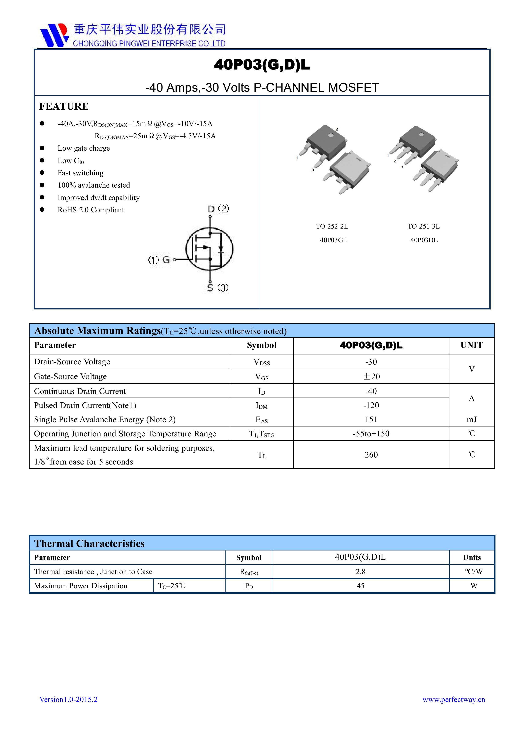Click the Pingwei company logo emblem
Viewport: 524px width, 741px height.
(x=54, y=35)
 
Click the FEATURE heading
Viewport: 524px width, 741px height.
(x=64, y=106)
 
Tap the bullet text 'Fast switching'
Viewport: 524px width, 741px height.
(x=80, y=173)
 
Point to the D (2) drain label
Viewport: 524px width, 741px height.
(x=218, y=209)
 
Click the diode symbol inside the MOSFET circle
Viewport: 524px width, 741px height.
(x=221, y=249)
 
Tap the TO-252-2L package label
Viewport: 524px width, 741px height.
(x=332, y=227)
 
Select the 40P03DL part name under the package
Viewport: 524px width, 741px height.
(x=424, y=240)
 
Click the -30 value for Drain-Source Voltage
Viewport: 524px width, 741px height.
(x=371, y=362)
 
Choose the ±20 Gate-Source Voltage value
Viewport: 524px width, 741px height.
(x=371, y=377)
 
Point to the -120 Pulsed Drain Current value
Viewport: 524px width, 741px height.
(x=371, y=405)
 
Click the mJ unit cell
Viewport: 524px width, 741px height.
(x=471, y=420)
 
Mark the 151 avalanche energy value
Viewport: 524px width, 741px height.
(x=371, y=420)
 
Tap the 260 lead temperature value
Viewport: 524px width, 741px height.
(x=371, y=455)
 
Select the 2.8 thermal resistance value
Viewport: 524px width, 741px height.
(x=360, y=572)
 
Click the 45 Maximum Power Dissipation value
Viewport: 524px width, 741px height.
(x=360, y=586)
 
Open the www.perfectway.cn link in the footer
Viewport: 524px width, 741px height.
(x=454, y=699)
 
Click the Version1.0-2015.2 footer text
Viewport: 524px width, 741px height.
(x=68, y=699)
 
